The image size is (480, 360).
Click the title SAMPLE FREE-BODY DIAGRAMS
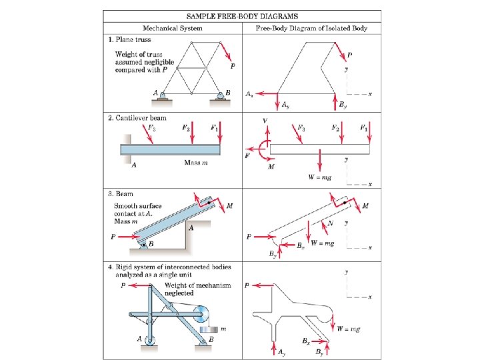(241, 15)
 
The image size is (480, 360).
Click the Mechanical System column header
(173, 29)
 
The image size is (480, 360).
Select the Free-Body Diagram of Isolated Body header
(311, 29)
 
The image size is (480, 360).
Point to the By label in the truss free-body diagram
(343, 105)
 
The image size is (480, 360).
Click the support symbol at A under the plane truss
(163, 98)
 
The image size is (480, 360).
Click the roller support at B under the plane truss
(220, 98)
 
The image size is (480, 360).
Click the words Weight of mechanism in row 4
(197, 285)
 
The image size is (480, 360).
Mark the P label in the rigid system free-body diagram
(247, 285)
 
